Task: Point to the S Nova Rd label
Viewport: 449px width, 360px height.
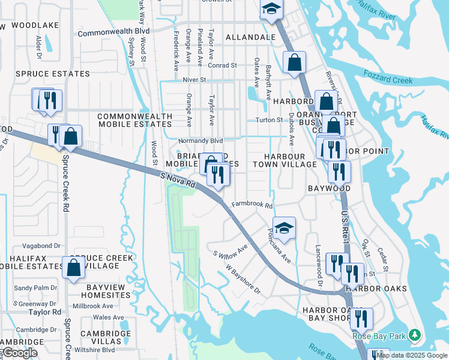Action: click(178, 180)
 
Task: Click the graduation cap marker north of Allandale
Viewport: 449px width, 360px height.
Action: click(271, 10)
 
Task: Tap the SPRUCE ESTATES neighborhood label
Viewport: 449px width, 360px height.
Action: click(52, 74)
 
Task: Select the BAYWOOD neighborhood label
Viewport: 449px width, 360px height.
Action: click(329, 188)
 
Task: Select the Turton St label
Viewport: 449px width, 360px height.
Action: click(269, 120)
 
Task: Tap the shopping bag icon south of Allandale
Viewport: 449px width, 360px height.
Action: click(294, 62)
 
